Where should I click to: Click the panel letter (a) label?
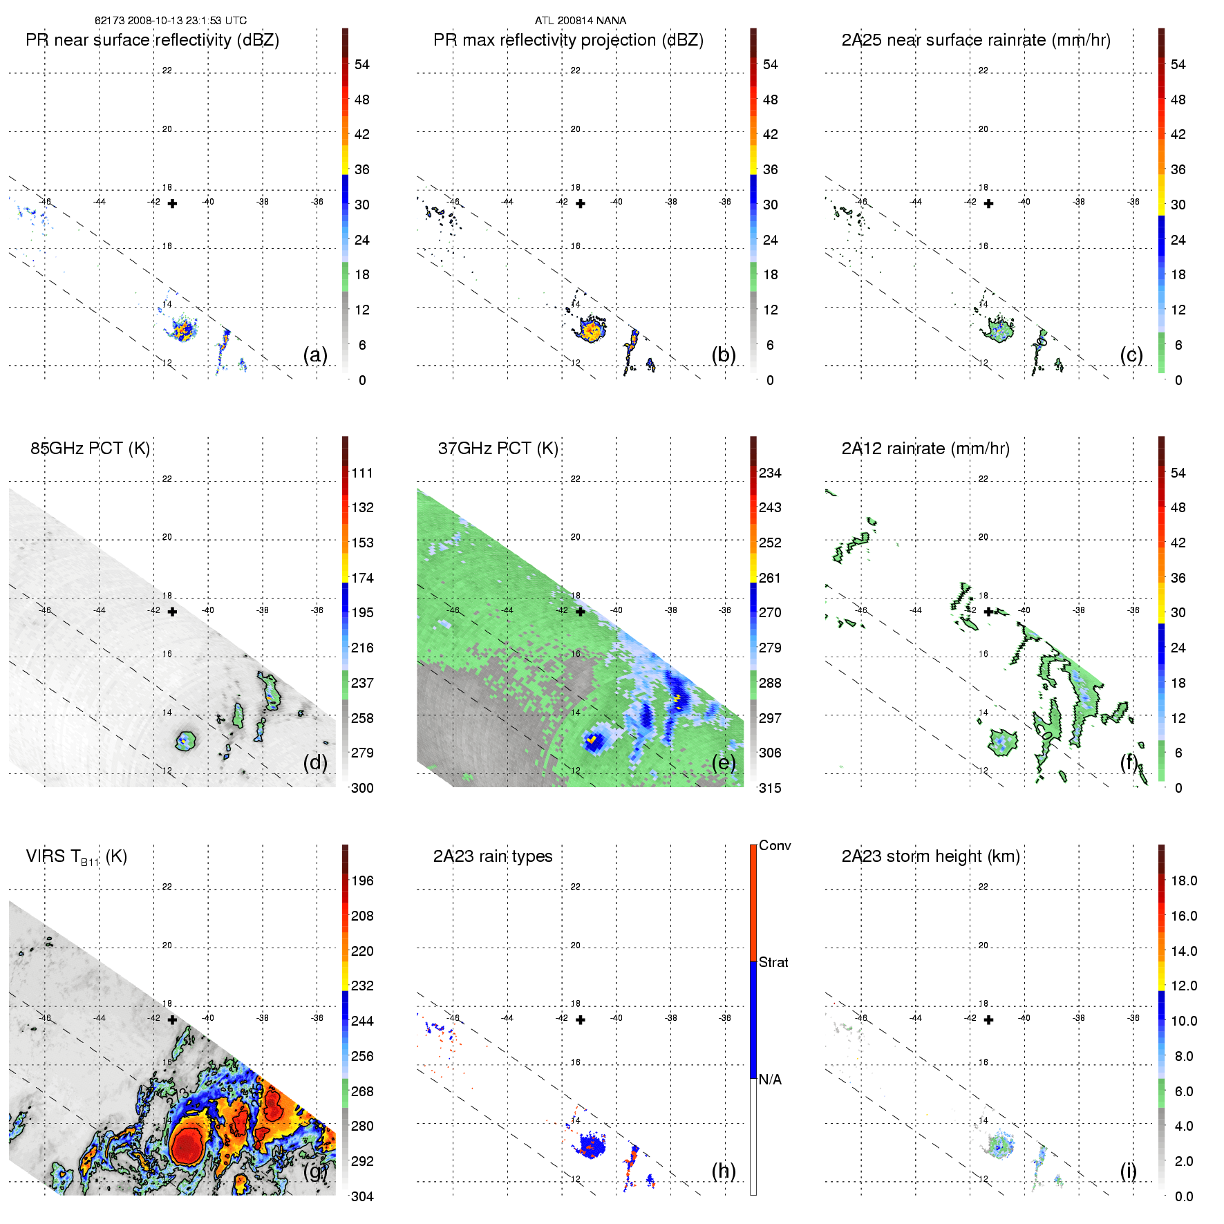(315, 355)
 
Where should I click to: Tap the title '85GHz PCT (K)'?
(90, 449)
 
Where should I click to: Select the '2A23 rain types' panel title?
(493, 856)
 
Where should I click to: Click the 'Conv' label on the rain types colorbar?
(774, 845)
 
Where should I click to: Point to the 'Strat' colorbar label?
(773, 962)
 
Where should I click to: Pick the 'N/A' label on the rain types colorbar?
(770, 1080)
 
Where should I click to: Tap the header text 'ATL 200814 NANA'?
(581, 21)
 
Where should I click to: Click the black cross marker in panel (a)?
(172, 204)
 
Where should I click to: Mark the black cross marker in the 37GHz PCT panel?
(581, 612)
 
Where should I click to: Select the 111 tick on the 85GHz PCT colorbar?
(362, 473)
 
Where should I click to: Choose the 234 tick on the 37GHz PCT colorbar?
(770, 473)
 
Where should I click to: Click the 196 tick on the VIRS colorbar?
(362, 881)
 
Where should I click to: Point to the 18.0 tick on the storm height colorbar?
(1183, 881)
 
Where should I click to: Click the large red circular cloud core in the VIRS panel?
(186, 1145)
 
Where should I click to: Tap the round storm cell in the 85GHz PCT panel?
(185, 741)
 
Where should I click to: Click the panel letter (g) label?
(315, 1171)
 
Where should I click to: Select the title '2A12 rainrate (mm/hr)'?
(925, 449)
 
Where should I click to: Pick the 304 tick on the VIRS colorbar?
(362, 1196)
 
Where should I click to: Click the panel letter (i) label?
(1129, 1171)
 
